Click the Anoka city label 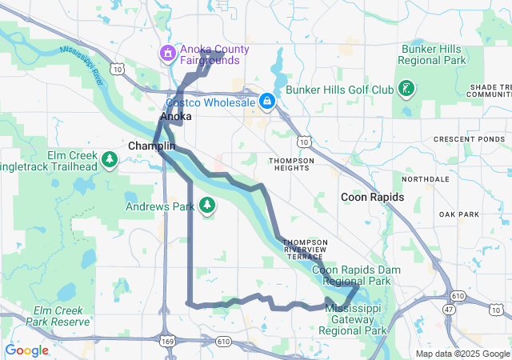click(176, 117)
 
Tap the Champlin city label click(151, 147)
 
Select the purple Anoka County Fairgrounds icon click(169, 54)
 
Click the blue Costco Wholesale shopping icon click(267, 102)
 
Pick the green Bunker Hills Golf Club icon click(406, 89)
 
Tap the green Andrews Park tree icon click(207, 206)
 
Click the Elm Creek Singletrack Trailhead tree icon click(109, 161)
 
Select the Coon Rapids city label click(372, 197)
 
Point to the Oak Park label click(458, 214)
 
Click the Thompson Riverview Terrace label click(306, 249)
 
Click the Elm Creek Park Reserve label click(57, 316)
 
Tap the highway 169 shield click(167, 341)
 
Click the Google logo click(27, 350)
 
